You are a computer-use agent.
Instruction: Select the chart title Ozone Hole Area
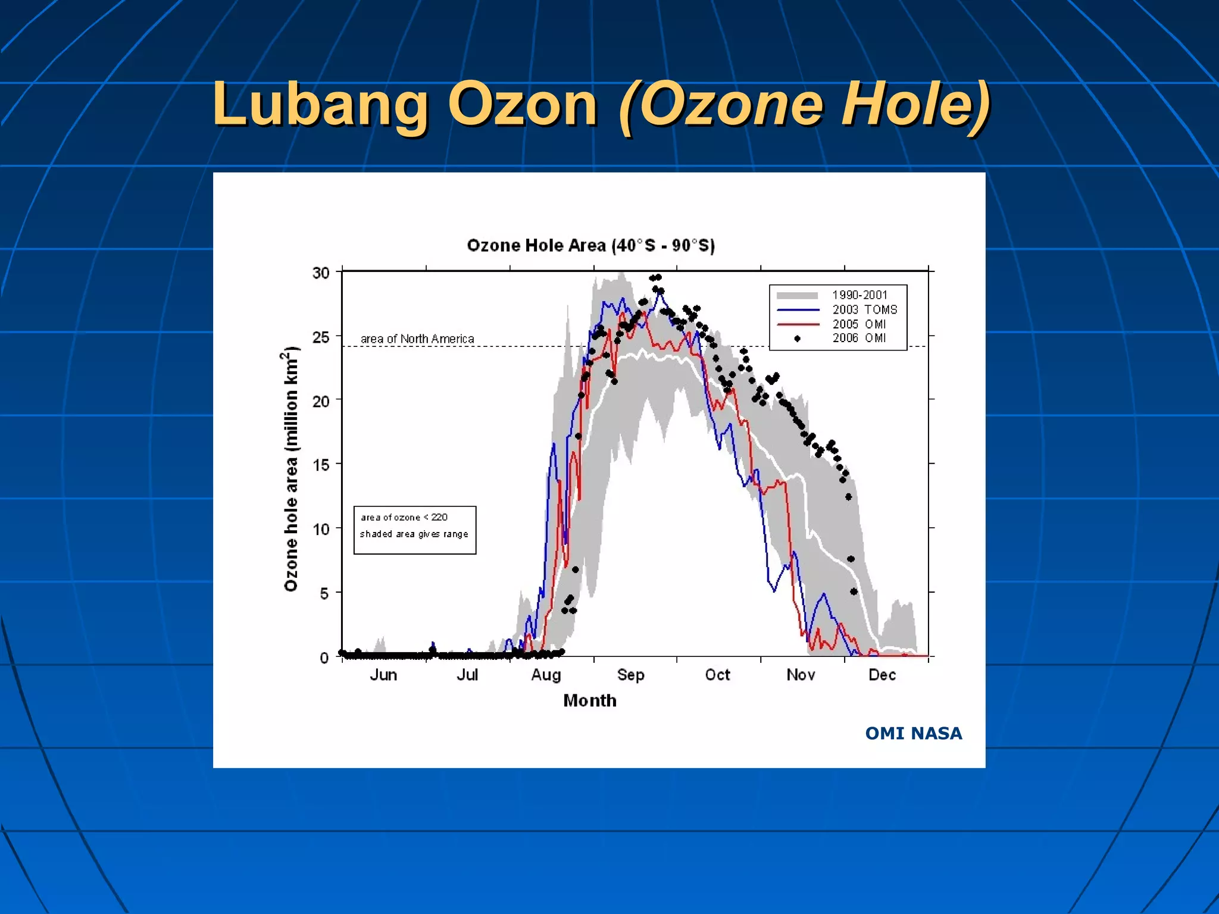point(590,245)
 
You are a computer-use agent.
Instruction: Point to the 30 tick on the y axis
point(321,273)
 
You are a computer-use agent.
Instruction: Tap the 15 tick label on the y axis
point(321,465)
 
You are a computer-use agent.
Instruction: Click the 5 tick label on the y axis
point(324,593)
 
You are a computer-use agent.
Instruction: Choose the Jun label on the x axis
point(383,675)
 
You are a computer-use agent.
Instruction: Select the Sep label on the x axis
point(630,675)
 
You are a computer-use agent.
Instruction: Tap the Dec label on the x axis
point(882,675)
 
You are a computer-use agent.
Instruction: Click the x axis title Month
point(590,700)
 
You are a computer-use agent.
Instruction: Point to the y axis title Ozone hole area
point(290,470)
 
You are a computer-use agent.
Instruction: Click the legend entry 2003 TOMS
point(864,309)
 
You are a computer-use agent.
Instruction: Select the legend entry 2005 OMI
point(859,324)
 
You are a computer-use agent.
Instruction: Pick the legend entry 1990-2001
point(859,295)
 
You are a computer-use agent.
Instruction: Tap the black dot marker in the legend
point(798,339)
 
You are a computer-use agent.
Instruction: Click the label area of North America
point(417,339)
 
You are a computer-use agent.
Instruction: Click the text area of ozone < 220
point(404,517)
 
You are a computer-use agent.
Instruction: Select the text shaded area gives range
point(414,534)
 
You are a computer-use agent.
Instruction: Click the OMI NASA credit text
point(913,733)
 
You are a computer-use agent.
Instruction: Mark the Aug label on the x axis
point(546,675)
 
